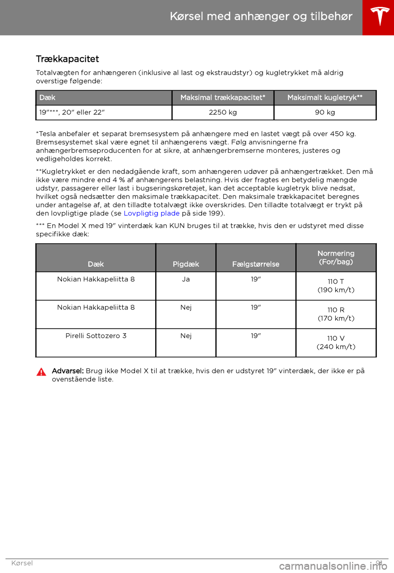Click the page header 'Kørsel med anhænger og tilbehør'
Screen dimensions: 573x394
261,16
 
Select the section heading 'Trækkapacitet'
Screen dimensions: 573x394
67,59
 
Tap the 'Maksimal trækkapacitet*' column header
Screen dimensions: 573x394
223,98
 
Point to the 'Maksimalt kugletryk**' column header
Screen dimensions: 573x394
325,98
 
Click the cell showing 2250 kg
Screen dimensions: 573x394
223,112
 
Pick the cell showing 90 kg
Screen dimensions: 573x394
325,112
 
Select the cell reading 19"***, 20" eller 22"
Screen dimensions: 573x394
72,112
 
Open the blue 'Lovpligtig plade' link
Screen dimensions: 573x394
151,213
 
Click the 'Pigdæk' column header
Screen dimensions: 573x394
186,264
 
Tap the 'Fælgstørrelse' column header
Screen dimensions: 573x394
256,264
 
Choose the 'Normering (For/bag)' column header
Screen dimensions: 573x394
336,258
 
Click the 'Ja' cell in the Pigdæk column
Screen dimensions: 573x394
186,280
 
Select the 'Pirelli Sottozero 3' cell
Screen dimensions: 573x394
96,336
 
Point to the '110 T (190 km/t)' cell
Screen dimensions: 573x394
336,286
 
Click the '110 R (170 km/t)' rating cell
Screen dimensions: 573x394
336,314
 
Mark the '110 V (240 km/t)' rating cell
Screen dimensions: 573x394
336,342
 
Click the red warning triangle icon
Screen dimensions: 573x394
41,372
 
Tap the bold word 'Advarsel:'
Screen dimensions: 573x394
68,371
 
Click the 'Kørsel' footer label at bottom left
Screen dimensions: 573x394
22,563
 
